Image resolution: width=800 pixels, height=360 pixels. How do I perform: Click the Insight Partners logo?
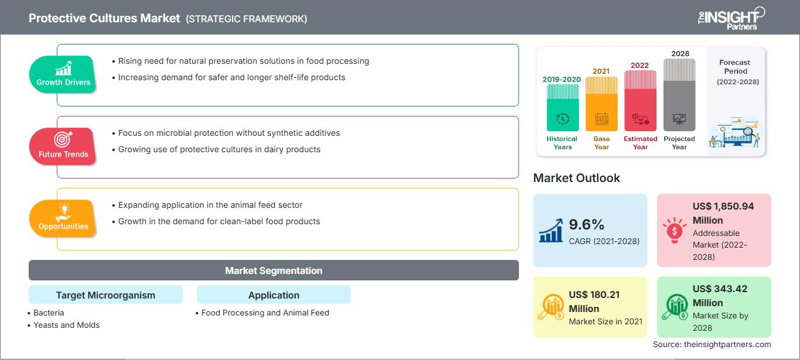731,18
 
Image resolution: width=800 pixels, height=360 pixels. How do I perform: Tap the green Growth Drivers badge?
63,74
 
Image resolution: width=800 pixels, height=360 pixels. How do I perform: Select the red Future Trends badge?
63,146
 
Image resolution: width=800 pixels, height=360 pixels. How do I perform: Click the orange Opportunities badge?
63,218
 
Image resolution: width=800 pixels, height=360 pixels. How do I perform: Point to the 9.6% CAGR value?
586,225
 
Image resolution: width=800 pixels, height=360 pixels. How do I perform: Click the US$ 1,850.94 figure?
723,206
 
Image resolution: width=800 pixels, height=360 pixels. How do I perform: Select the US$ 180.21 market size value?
594,294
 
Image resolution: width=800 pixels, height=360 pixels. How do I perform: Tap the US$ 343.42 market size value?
720,289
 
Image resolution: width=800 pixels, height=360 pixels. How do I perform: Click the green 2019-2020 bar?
563,108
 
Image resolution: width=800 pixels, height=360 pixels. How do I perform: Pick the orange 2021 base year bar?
601,104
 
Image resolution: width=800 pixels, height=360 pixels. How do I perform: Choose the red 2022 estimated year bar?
640,101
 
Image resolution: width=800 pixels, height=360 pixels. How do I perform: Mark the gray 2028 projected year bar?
679,95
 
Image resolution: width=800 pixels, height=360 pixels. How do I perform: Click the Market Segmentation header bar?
273,270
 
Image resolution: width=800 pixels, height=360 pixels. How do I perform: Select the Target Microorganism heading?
106,295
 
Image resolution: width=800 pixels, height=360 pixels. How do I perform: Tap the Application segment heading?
273,295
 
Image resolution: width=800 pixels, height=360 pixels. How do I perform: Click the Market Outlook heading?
576,178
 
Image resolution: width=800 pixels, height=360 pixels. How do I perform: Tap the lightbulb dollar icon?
674,230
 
